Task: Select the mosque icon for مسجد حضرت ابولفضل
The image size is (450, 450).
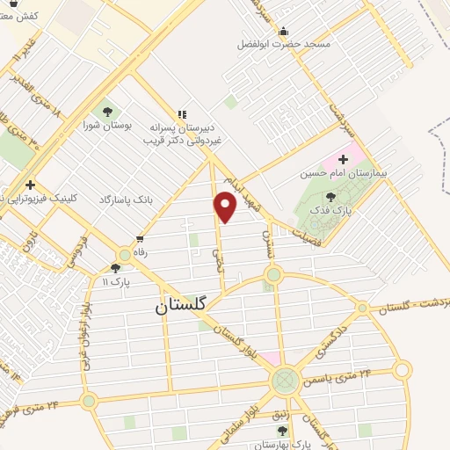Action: [283, 33]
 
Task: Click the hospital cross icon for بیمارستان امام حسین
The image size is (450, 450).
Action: [343, 158]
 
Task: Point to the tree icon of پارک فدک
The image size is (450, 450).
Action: [330, 197]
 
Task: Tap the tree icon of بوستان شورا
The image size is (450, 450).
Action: [107, 112]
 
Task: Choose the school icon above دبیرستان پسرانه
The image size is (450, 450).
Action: [182, 114]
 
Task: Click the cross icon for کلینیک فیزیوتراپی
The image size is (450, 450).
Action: [31, 185]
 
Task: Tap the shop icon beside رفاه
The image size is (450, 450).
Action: [141, 238]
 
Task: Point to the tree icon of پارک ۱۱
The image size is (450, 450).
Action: [116, 268]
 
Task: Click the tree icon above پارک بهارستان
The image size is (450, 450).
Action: [281, 431]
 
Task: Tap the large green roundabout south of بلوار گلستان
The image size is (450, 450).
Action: [284, 381]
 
